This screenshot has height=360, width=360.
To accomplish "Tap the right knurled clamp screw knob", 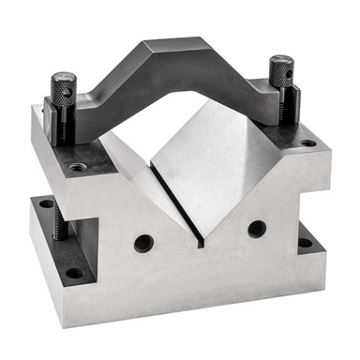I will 281,70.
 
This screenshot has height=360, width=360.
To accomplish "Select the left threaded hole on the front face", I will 142,243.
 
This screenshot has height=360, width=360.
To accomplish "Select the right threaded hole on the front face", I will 256,228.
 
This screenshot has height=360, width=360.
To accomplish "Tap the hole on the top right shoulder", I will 307,143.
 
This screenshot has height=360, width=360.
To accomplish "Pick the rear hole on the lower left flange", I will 45,202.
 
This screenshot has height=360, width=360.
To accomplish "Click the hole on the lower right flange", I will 304,242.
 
